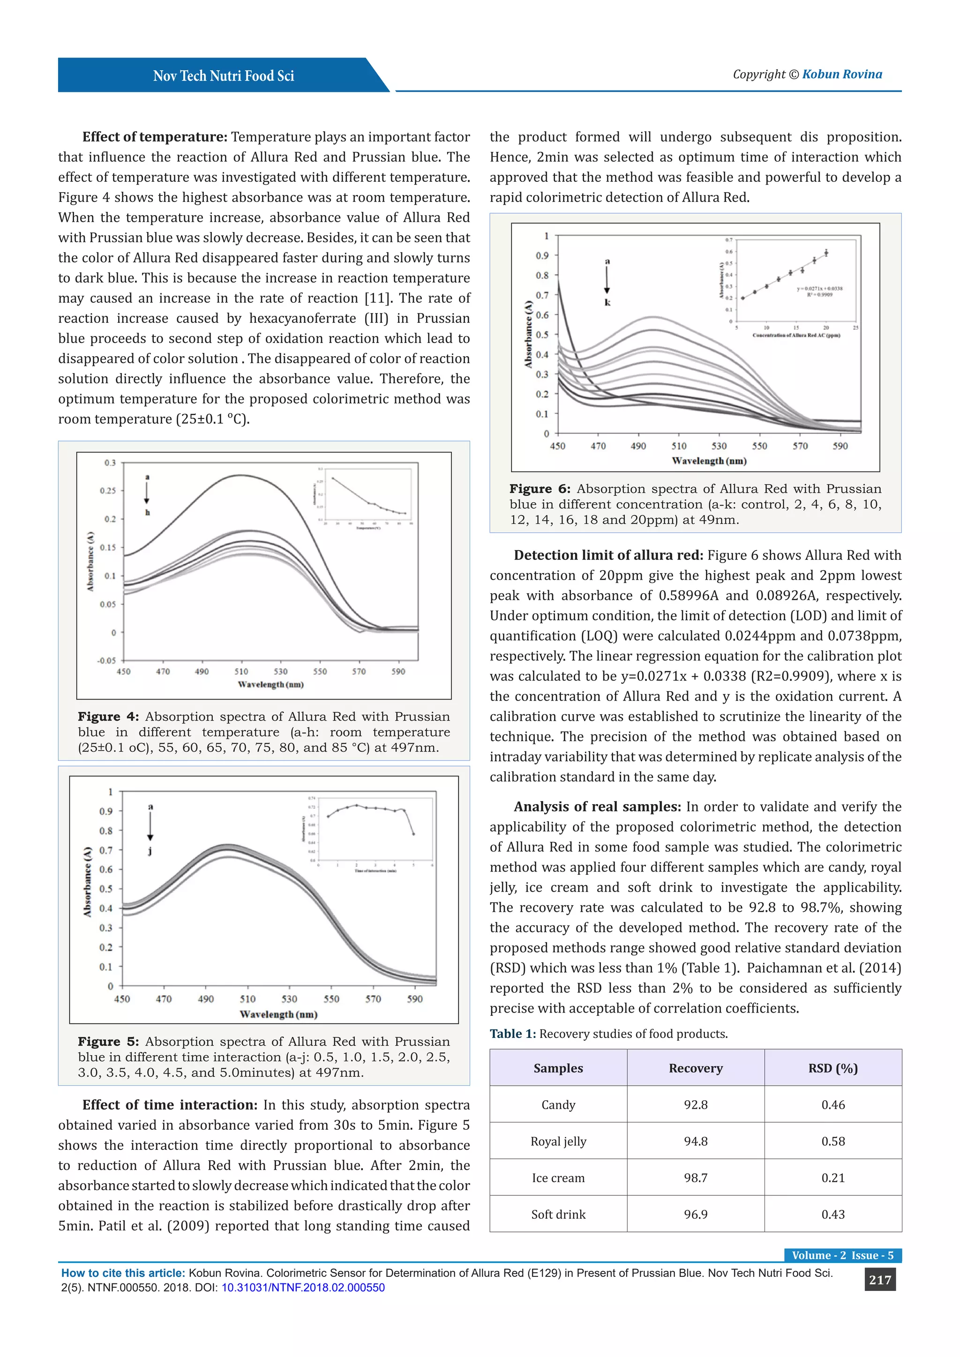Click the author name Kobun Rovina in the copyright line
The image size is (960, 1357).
point(842,75)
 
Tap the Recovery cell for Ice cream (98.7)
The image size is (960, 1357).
point(695,1178)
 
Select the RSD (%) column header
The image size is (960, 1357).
point(832,1068)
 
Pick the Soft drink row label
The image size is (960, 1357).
point(558,1215)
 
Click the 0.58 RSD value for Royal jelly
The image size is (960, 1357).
point(832,1141)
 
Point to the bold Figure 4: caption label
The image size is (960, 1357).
point(108,716)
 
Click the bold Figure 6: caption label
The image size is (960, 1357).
point(540,489)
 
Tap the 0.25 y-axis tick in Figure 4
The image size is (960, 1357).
point(108,491)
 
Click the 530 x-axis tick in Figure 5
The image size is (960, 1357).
point(289,999)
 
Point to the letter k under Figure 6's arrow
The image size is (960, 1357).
point(607,303)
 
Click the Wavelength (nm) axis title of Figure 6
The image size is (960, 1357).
point(709,461)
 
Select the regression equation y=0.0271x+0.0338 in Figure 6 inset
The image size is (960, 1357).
point(819,289)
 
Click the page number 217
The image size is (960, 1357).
point(879,1280)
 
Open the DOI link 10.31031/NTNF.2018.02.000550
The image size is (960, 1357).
point(303,1288)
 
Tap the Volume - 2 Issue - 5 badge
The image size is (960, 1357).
point(842,1255)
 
